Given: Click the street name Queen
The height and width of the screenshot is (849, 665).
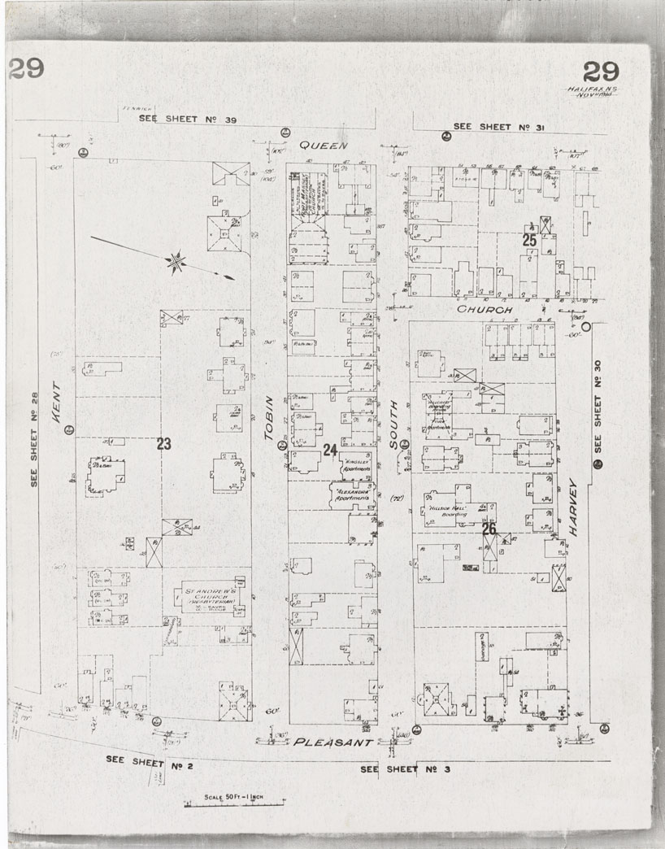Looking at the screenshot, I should [x=323, y=146].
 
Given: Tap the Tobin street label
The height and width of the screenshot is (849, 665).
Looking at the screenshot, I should [x=270, y=424].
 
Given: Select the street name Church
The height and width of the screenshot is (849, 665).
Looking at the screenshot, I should [x=484, y=310].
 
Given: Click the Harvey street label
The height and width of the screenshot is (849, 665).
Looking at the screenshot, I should [x=573, y=506].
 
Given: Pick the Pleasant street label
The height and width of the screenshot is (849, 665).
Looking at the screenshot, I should [x=332, y=742].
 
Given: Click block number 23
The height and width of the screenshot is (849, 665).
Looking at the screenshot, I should [x=164, y=443].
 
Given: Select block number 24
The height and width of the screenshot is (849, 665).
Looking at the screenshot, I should [x=329, y=449].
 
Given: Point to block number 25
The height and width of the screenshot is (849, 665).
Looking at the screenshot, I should [x=529, y=240].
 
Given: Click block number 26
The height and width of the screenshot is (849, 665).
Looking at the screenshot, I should [x=489, y=529].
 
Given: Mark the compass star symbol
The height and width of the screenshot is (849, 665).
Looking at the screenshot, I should [x=175, y=262].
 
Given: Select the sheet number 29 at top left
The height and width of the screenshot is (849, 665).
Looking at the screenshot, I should [x=26, y=69].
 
